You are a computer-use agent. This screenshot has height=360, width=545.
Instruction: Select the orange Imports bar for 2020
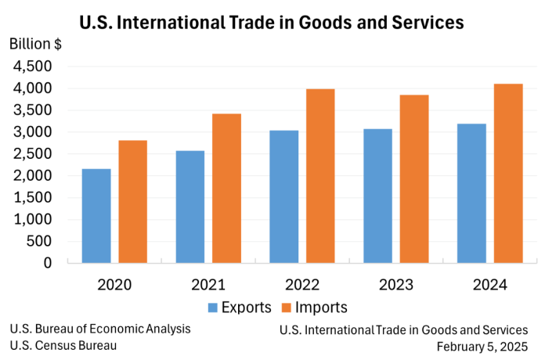pos(132,201)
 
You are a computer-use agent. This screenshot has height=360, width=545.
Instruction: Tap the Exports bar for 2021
pos(190,207)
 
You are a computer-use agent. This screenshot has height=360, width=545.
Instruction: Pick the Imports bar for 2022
pos(320,176)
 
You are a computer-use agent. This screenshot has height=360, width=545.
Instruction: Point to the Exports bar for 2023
pos(377,196)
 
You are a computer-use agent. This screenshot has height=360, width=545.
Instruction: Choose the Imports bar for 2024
pos(508,173)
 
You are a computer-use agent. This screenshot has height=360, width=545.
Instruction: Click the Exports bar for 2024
pos(471,193)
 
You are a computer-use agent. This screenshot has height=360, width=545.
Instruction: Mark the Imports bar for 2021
pos(226,188)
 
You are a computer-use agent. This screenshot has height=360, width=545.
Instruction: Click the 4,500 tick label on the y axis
pos(32,67)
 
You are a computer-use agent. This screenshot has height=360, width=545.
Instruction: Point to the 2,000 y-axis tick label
pos(32,175)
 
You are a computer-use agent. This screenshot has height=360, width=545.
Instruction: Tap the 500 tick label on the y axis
pos(38,241)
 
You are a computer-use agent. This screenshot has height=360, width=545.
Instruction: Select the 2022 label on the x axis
pos(302,284)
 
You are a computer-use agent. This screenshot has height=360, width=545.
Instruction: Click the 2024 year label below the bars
pos(490,284)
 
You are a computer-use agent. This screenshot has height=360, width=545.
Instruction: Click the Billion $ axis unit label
pos(35,44)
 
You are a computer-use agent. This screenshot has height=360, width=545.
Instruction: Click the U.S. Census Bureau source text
pos(63,345)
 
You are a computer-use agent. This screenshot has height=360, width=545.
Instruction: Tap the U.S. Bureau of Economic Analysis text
pos(100,329)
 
